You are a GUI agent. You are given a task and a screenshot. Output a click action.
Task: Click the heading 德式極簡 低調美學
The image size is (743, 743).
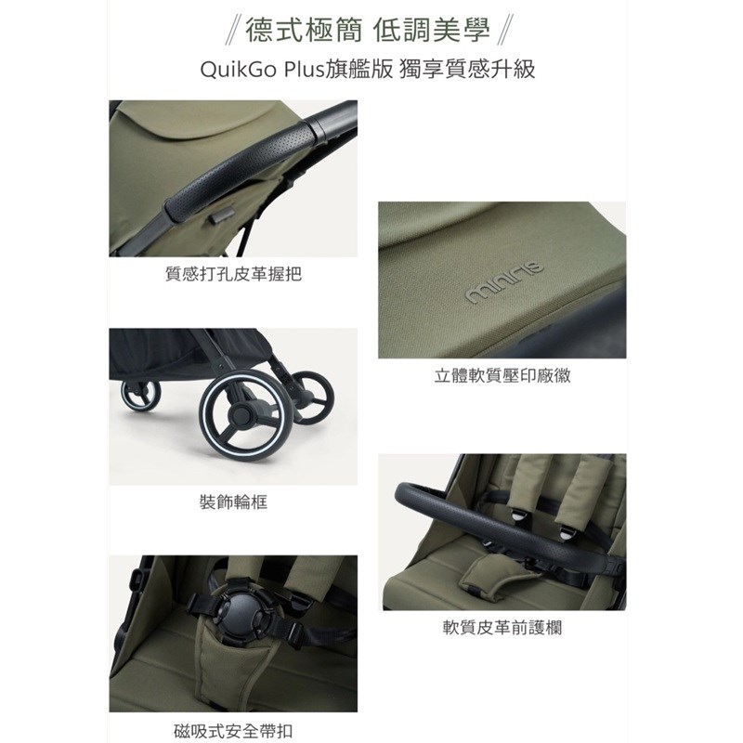coord(367,31)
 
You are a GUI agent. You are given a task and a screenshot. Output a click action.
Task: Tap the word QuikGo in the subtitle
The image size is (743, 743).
coord(239,70)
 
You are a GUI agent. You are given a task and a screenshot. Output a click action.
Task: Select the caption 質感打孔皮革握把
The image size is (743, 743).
coord(233,274)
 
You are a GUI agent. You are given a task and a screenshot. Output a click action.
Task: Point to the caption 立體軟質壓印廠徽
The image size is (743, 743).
coord(502,375)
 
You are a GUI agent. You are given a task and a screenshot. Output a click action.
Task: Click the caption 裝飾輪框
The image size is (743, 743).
coord(233,502)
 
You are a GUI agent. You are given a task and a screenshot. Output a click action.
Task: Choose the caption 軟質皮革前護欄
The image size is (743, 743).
coord(502,628)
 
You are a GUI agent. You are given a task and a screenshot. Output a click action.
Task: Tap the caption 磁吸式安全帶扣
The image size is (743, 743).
coord(233,731)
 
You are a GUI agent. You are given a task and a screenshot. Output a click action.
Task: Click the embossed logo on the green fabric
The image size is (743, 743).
coord(504,282)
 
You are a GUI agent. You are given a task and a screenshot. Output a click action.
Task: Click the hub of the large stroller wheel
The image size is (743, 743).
coord(241,415)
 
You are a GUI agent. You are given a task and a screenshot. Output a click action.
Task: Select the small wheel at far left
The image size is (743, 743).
coord(140,394)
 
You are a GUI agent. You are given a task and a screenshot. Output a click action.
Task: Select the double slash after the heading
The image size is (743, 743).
coord(505,31)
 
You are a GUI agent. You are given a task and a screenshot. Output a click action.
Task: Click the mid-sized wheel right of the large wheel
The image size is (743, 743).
coord(313,398)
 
